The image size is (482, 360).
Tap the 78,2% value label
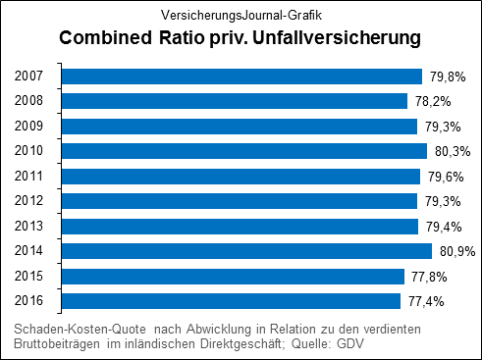click(x=430, y=101)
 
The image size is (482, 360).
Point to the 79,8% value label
click(x=444, y=77)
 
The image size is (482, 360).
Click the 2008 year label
click(x=29, y=101)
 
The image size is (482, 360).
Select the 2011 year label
click(x=29, y=177)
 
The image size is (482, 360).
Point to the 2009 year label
click(x=29, y=127)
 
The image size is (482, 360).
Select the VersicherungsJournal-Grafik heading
click(x=241, y=15)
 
